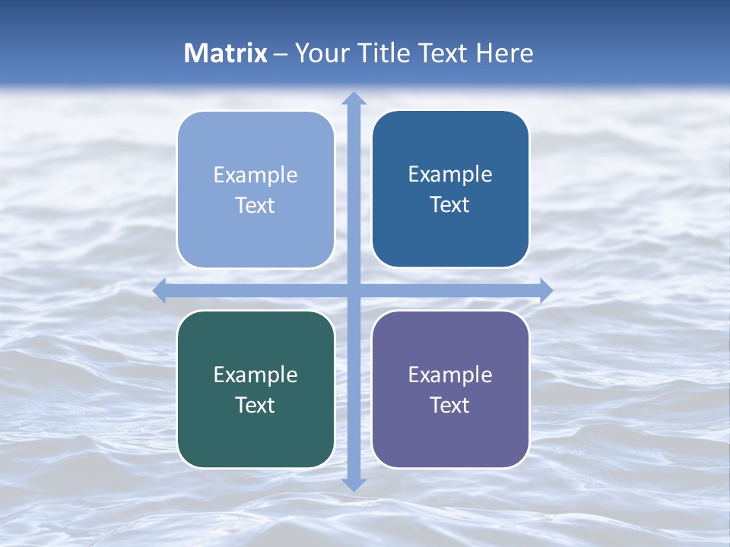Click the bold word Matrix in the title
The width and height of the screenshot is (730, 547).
click(226, 53)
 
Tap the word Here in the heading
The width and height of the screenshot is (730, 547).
click(505, 53)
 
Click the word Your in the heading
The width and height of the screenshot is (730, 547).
click(322, 53)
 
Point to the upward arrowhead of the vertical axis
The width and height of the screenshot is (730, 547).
click(354, 98)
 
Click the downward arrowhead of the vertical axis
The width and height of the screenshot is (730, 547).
click(354, 484)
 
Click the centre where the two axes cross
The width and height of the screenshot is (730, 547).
click(354, 290)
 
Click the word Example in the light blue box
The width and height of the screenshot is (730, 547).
click(255, 175)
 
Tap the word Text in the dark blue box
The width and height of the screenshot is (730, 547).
click(450, 205)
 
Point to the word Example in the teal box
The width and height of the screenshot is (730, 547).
click(255, 375)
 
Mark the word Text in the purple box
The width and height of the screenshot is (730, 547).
click(450, 405)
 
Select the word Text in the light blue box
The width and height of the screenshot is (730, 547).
click(255, 206)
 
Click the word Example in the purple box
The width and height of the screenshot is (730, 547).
click(450, 375)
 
